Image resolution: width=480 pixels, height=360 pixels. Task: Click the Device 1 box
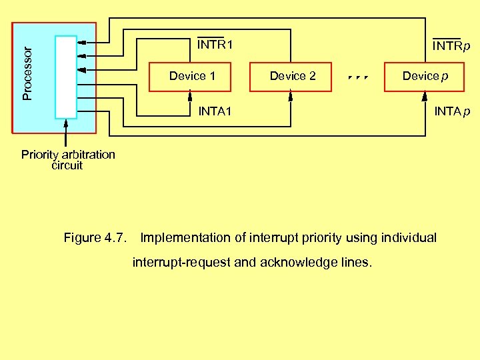(x=192, y=76)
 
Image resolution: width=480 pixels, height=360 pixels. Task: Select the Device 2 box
(x=292, y=76)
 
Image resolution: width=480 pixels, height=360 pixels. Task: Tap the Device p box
(x=425, y=76)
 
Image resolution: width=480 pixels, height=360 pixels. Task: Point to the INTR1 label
(x=214, y=45)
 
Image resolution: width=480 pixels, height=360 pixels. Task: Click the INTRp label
(x=451, y=47)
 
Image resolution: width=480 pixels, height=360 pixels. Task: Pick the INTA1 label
(x=215, y=111)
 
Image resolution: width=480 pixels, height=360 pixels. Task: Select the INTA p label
(x=452, y=111)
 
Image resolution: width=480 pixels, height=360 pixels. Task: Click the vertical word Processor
(x=27, y=73)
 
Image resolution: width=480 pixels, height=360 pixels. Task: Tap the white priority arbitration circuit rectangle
(x=66, y=77)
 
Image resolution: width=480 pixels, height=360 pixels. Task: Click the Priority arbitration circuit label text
(x=68, y=160)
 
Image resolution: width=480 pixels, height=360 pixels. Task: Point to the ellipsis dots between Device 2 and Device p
(x=358, y=77)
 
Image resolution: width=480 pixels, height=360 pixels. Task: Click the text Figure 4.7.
(x=95, y=237)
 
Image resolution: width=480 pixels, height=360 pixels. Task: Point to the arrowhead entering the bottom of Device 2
(x=291, y=94)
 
